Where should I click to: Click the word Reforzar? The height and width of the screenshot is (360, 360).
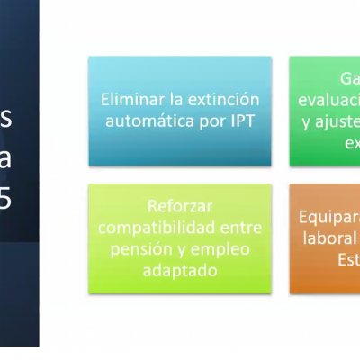pos(179,205)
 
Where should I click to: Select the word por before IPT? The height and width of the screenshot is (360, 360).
pos(206,120)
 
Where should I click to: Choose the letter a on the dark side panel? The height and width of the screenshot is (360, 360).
pos(6,159)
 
